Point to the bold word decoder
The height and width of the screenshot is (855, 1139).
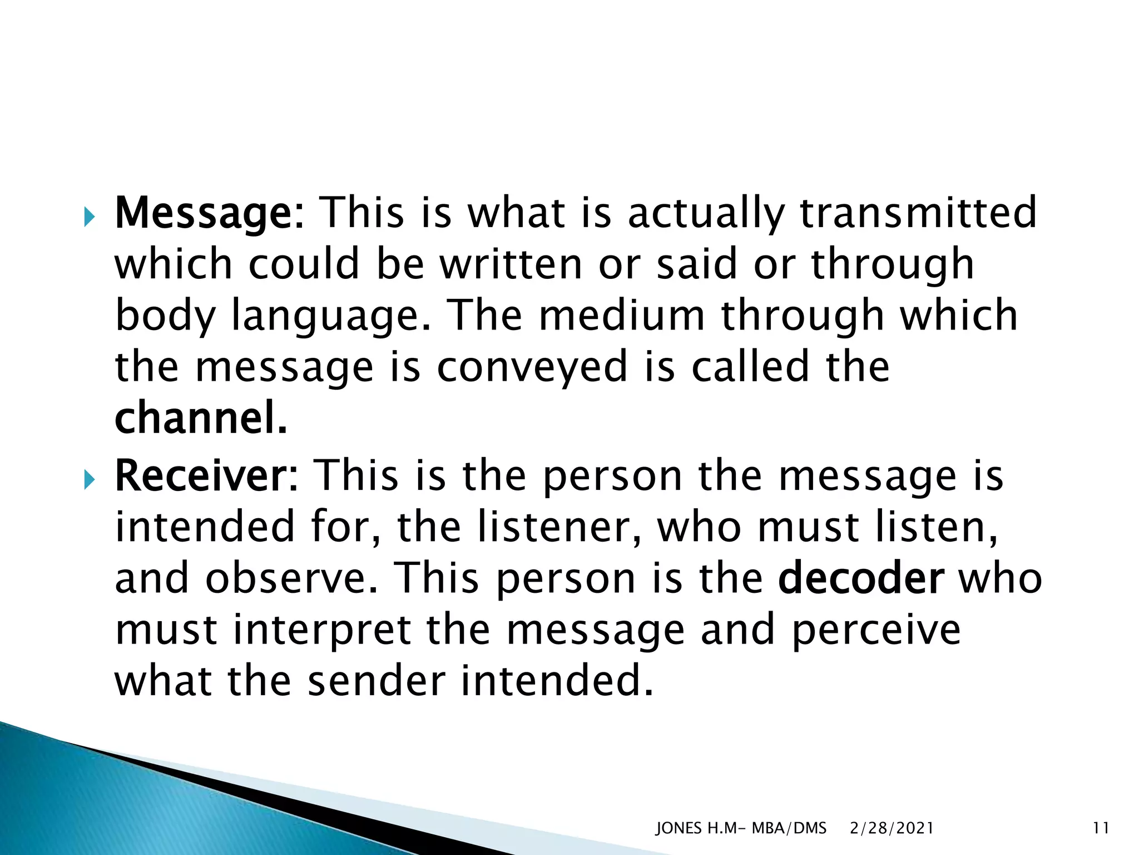point(861,579)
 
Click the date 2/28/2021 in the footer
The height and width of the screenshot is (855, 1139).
point(892,828)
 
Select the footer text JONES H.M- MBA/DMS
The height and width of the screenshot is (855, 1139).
point(741,828)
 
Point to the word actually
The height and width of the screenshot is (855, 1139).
point(706,214)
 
